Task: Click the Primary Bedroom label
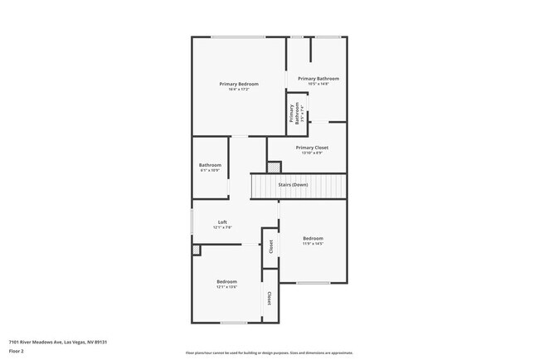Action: click(x=239, y=85)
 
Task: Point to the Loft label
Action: click(x=222, y=223)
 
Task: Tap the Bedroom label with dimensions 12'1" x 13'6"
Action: click(x=227, y=283)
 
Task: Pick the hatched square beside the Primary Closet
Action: click(x=274, y=167)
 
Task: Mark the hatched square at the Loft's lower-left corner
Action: click(x=196, y=249)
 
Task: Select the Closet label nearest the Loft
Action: click(x=270, y=246)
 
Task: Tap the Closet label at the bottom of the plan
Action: click(x=269, y=298)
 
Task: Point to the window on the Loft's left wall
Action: click(x=192, y=221)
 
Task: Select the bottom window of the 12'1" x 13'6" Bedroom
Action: click(x=233, y=323)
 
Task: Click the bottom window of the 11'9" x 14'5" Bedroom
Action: click(x=313, y=284)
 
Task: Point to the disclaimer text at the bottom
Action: click(x=269, y=352)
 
